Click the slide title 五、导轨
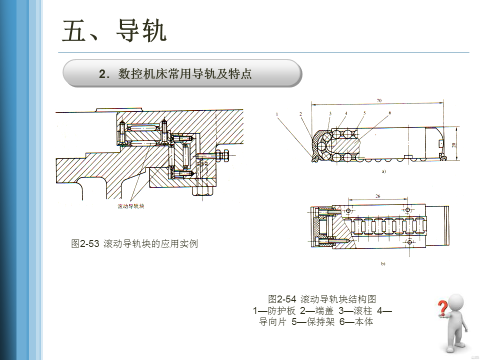pos(114,31)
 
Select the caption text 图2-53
pos(84,244)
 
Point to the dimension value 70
pos(379,100)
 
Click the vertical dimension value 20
pos(453,145)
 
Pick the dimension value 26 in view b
pos(378,196)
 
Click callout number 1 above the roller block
pos(276,114)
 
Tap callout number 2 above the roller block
pos(300,114)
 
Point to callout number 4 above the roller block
pos(345,113)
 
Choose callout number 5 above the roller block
pos(364,113)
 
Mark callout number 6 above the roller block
pos(389,113)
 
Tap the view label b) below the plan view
pos(383,263)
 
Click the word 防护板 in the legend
pos(281,310)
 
